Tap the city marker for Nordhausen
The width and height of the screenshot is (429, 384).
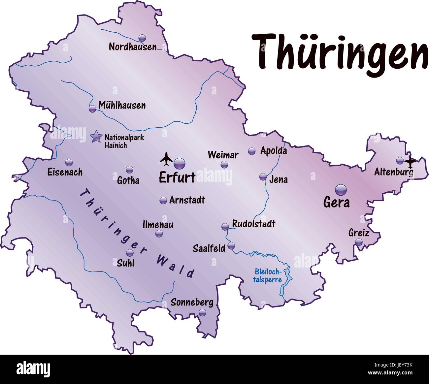coord(142,38)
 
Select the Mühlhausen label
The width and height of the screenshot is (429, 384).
coord(122,106)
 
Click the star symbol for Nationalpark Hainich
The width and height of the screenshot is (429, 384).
coord(96,136)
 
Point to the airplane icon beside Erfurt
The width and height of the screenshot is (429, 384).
coord(166,159)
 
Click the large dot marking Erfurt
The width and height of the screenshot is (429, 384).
coord(180,163)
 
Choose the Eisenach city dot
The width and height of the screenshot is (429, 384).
coord(69,162)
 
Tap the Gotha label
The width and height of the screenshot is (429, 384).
coord(128,180)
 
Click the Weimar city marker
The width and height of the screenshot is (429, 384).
coord(224,164)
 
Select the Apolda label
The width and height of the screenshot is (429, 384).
coord(274,151)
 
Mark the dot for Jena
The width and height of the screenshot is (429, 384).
coord(263,176)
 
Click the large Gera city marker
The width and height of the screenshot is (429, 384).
coord(341,190)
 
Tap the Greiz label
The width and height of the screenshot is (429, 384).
coord(359,233)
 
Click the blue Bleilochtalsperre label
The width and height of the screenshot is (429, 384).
coord(268,276)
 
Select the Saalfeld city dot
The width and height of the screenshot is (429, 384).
coord(231,245)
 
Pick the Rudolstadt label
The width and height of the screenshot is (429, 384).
coord(253,224)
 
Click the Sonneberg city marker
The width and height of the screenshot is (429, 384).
coord(202,312)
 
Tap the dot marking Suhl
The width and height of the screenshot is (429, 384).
coord(130,253)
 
